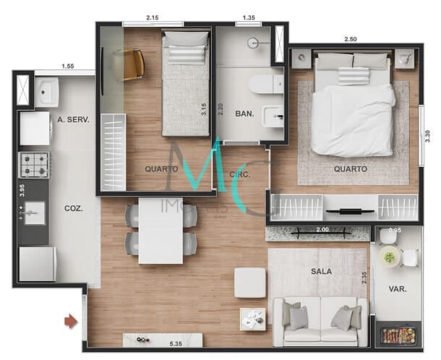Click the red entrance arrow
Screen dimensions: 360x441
click(70, 320)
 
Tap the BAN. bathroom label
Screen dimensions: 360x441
click(244, 113)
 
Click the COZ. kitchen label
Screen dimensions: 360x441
click(73, 207)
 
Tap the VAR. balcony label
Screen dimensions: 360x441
click(397, 288)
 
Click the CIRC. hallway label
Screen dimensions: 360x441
click(240, 174)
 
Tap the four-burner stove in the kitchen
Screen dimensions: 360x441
click(34, 165)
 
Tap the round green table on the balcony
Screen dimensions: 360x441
click(391, 257)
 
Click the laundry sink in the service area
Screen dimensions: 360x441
click(48, 92)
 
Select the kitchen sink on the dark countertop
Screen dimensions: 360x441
click(33, 212)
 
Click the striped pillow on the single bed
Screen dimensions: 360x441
click(186, 54)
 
